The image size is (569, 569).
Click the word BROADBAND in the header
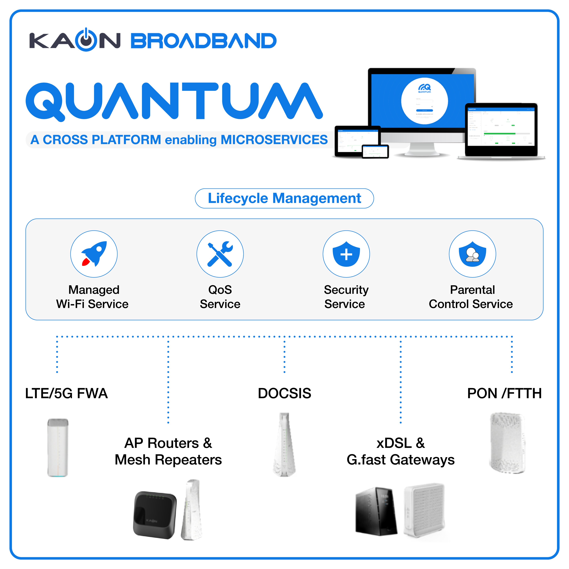203,41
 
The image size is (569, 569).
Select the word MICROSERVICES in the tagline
274,140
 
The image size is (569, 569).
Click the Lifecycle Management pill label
284,198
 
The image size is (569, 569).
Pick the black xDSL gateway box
376,511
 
